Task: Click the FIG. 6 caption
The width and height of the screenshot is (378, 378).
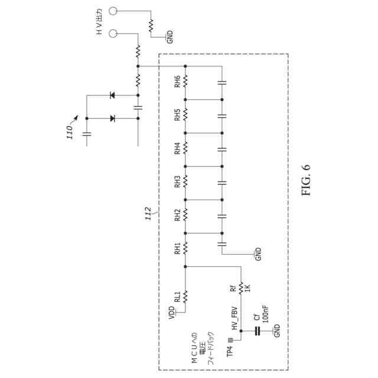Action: click(x=306, y=181)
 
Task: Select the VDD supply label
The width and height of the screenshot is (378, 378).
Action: click(x=171, y=312)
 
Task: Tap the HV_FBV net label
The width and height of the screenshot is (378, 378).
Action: click(x=234, y=317)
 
